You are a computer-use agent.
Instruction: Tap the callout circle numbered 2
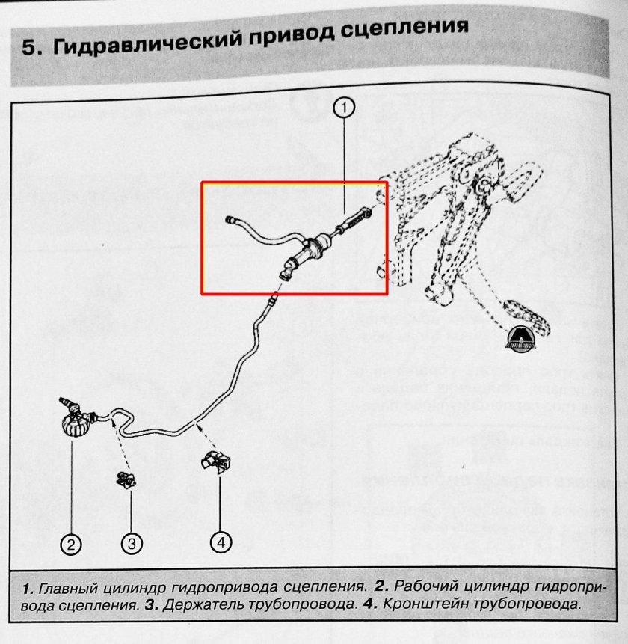[x=71, y=545]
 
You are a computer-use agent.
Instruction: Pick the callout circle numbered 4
[x=221, y=542]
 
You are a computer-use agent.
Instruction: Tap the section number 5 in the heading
[x=28, y=49]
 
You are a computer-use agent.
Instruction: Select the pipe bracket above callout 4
[x=215, y=461]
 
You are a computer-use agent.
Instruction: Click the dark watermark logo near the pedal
[x=520, y=340]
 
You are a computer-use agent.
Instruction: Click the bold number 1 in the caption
[x=27, y=586]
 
